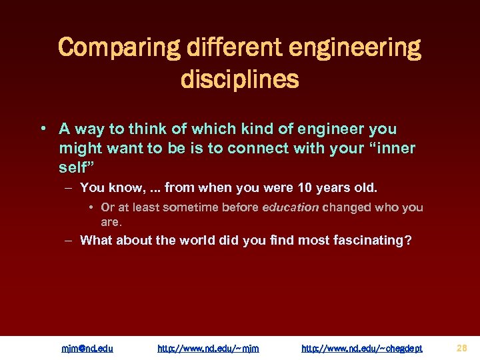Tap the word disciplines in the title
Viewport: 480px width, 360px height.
(239, 79)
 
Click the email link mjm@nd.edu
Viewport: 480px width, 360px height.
(87, 348)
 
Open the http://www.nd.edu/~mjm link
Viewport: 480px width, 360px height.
(208, 348)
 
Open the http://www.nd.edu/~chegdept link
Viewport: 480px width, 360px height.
(362, 348)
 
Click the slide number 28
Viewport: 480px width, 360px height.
(462, 347)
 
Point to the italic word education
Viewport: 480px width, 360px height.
(291, 207)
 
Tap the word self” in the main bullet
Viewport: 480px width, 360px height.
(74, 167)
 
